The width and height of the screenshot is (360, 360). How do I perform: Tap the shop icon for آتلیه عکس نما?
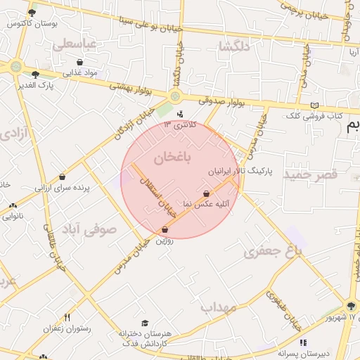point(206,193)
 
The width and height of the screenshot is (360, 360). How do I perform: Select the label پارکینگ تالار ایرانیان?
point(238,171)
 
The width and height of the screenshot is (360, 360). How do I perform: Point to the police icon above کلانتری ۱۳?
point(180,114)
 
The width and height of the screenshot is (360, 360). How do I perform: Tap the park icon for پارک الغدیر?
point(35,74)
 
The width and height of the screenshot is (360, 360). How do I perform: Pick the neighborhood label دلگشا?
point(234,46)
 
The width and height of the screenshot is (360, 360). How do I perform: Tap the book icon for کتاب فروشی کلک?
point(314,105)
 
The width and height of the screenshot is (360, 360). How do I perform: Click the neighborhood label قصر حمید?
point(311,173)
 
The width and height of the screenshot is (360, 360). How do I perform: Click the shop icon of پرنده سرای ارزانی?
point(63,177)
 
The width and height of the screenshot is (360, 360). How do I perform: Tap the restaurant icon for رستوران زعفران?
point(67,317)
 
